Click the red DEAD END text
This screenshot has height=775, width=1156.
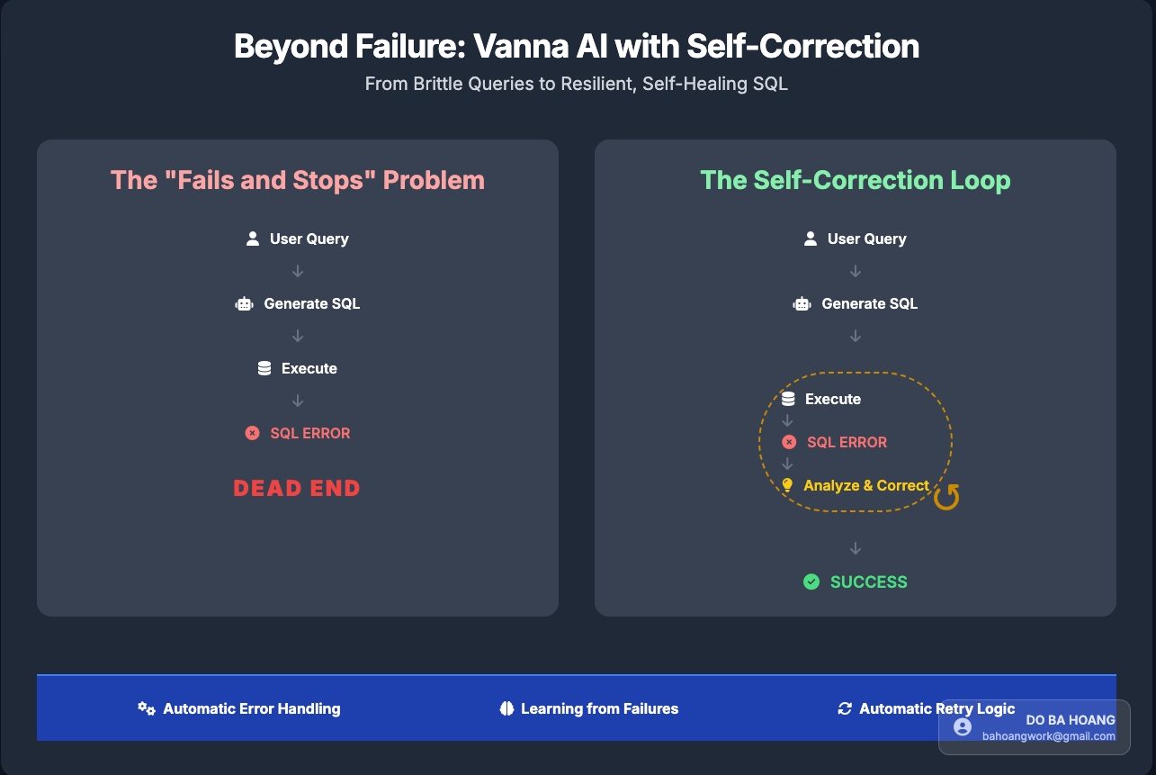pyautogui.click(x=297, y=488)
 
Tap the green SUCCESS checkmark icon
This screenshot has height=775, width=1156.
pyautogui.click(x=811, y=581)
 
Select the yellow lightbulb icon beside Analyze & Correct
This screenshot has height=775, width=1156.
pyautogui.click(x=787, y=485)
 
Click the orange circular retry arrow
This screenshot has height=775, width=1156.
pyautogui.click(x=946, y=497)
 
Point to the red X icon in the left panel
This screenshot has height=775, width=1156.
pyautogui.click(x=253, y=433)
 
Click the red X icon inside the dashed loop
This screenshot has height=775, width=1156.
pyautogui.click(x=789, y=442)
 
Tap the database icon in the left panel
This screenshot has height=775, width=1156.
pyautogui.click(x=264, y=368)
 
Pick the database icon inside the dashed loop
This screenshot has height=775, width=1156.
pyautogui.click(x=788, y=399)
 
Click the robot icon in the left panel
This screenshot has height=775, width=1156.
pyautogui.click(x=244, y=303)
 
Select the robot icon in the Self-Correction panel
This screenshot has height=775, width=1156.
pyautogui.click(x=802, y=303)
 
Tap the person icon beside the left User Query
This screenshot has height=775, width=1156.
pyautogui.click(x=253, y=239)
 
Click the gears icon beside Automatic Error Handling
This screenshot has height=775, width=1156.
pyautogui.click(x=147, y=708)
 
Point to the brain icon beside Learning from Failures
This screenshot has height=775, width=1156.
pyautogui.click(x=506, y=708)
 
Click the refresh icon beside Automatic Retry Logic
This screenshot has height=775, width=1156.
pyautogui.click(x=845, y=708)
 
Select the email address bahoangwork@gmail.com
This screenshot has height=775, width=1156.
pyautogui.click(x=1048, y=736)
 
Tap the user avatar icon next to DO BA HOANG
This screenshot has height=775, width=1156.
pyautogui.click(x=963, y=727)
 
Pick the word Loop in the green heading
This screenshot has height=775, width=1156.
pyautogui.click(x=980, y=181)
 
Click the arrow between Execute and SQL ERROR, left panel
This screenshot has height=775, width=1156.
pyautogui.click(x=298, y=401)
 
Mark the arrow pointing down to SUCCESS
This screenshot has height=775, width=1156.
pyautogui.click(x=856, y=548)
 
